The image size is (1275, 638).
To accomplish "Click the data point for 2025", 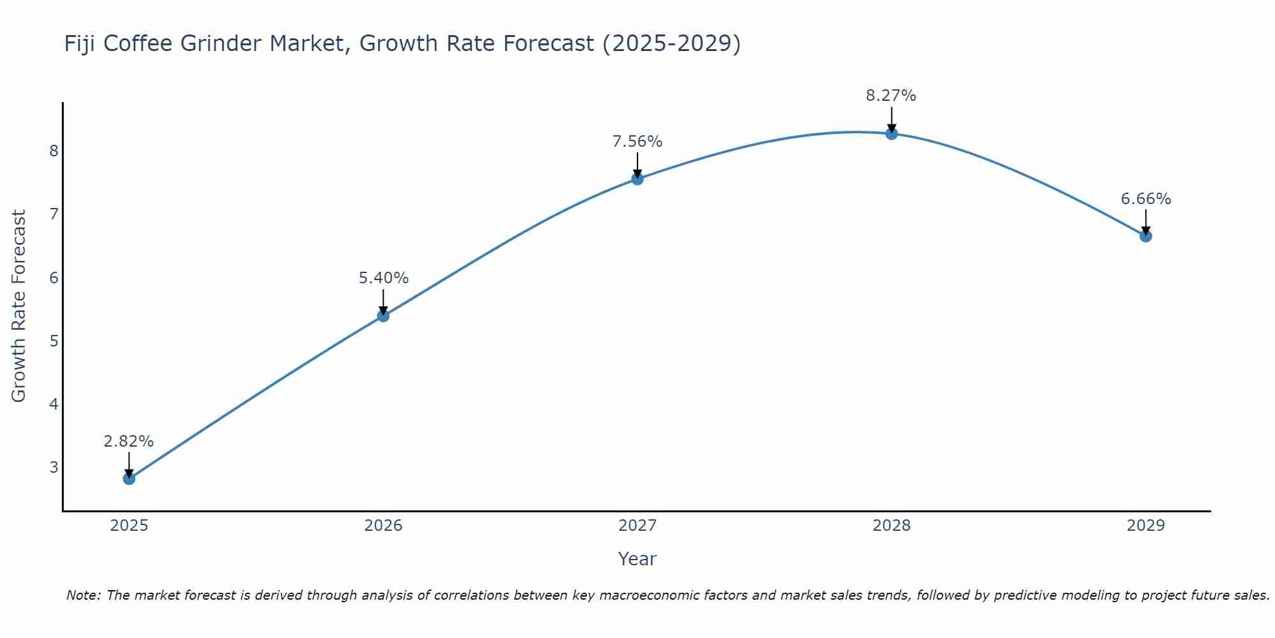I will (129, 478).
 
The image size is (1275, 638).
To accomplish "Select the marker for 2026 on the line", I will (383, 315).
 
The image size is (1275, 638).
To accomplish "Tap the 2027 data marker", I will (637, 179).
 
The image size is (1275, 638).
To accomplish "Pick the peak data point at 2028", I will (891, 133).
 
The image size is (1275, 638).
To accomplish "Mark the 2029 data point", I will (1146, 236).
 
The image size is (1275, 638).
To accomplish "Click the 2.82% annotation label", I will (129, 441).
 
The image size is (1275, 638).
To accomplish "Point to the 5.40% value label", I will (383, 278).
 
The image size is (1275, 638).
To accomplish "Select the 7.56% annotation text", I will (637, 142).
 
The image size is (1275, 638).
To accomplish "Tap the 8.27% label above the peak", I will (891, 96).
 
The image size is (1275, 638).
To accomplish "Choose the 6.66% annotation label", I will (1146, 199).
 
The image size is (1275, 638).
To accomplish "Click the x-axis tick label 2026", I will (383, 526).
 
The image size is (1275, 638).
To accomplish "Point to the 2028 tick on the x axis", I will (891, 526).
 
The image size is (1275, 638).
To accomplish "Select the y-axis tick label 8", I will (54, 151).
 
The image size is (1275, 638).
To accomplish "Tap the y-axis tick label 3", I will (54, 467).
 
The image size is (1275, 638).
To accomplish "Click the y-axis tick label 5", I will (54, 341).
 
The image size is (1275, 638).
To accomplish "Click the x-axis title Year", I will (637, 559).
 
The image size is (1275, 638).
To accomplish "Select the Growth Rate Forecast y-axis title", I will (19, 306).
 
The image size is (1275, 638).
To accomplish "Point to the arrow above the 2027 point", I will (637, 164).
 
